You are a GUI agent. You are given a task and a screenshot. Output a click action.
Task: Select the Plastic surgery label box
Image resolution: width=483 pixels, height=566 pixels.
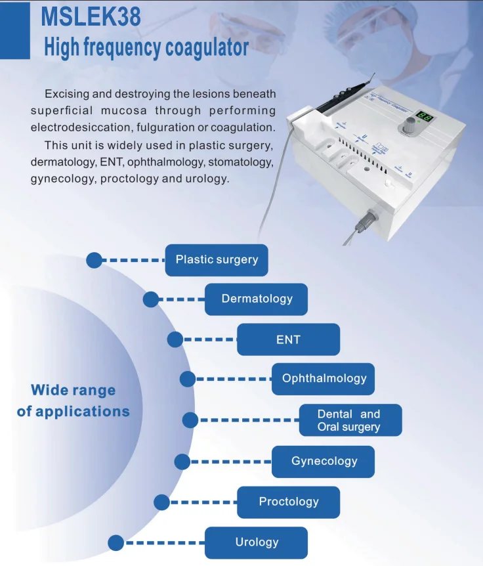point(217,259)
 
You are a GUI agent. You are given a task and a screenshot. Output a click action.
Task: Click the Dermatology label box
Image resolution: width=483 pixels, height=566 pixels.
point(257,299)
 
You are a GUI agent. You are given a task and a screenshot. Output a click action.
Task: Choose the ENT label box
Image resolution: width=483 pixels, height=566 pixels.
point(288,339)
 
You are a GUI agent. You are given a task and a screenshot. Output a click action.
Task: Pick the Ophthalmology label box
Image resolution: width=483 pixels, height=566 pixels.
point(324,379)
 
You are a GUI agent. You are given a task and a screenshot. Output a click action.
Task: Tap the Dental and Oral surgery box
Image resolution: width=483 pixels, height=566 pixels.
point(350,420)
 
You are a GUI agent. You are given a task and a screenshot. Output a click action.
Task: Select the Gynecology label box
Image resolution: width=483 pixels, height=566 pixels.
point(324,461)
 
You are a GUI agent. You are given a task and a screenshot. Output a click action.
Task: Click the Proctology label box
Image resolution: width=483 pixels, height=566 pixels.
point(288,502)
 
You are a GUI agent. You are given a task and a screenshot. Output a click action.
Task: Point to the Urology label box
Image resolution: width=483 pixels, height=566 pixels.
point(257,542)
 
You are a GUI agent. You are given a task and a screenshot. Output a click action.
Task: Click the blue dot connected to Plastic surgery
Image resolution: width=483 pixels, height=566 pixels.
point(94,260)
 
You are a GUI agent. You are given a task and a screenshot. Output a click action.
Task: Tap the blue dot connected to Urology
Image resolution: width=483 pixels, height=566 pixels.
point(116,542)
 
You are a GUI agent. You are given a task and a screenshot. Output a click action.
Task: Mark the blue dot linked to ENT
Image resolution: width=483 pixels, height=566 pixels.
point(175,339)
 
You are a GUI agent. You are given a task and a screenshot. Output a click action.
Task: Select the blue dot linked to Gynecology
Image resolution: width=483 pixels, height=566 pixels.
point(182,462)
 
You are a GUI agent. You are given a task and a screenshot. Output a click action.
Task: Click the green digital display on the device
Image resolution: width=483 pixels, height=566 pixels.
point(424,117)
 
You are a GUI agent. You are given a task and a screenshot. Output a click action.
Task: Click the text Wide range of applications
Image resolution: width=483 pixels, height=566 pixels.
point(73,401)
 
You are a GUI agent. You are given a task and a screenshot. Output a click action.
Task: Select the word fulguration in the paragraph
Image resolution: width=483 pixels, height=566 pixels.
point(193,126)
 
